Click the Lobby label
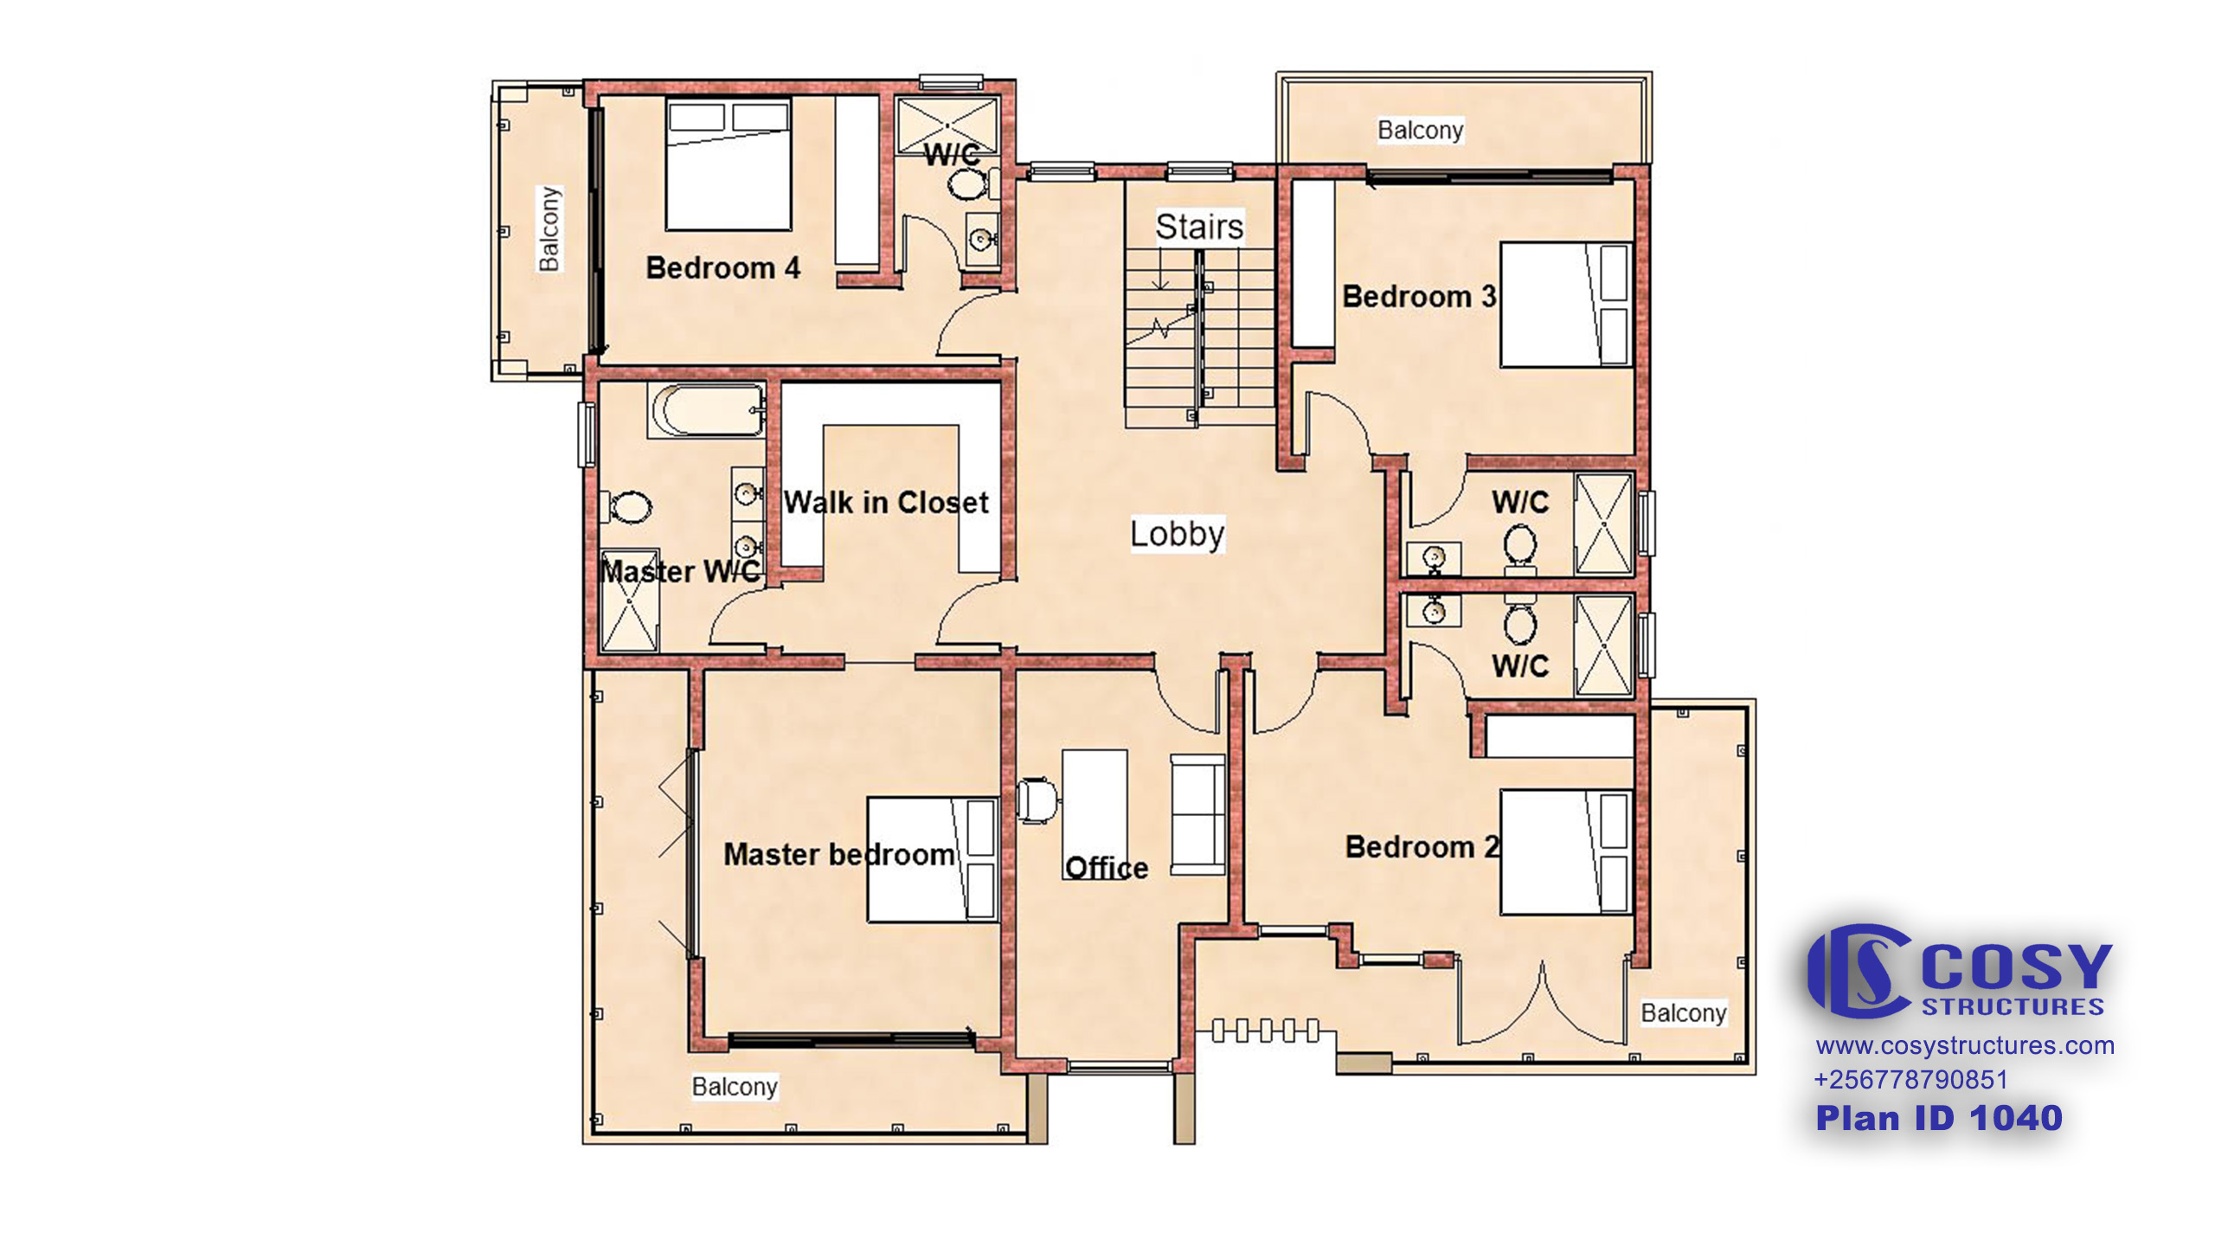1177,534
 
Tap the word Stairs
1199,227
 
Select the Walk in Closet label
886,502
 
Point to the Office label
1107,868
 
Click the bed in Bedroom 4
729,164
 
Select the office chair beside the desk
1036,800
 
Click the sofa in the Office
1198,814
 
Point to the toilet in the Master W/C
629,507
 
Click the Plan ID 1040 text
1939,1118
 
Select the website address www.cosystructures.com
1965,1045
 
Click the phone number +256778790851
1910,1080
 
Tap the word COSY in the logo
2017,967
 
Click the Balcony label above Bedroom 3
1421,131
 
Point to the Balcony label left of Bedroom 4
549,228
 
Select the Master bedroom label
839,855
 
